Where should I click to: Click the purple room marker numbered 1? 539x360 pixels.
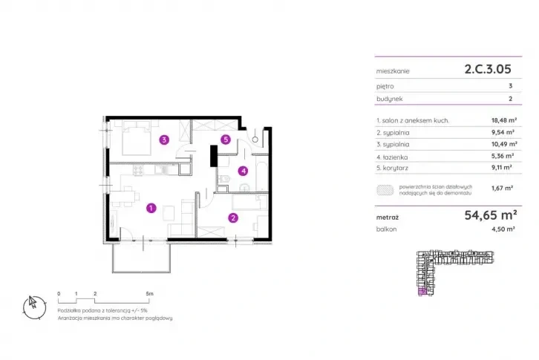point(151,209)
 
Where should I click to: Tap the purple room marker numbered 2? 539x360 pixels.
point(233,217)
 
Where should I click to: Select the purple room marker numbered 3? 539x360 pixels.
point(164,138)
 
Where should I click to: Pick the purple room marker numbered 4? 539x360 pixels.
point(242,171)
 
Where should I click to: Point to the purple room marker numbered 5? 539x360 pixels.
point(226,139)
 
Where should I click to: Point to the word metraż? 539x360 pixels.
point(389,217)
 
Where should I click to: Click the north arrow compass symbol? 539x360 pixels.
point(33,302)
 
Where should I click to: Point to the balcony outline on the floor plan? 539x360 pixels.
point(142,257)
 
